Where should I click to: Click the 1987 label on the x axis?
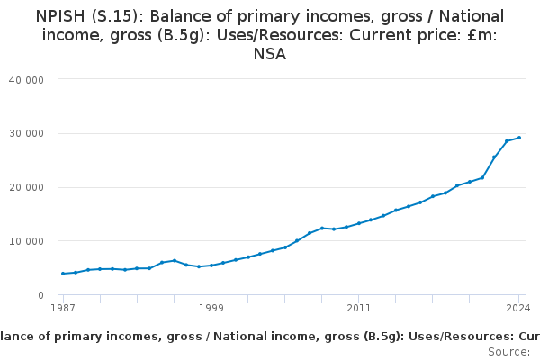(x=63, y=308)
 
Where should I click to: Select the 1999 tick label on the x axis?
(x=211, y=308)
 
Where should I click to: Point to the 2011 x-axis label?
(x=358, y=308)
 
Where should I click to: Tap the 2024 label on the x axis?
(x=517, y=308)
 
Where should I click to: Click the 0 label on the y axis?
(x=41, y=295)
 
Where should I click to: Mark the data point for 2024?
(x=519, y=138)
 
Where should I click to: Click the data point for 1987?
(x=63, y=274)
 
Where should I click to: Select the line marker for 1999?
(x=211, y=265)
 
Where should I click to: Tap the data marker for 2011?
(x=358, y=223)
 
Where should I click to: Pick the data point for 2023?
(x=507, y=141)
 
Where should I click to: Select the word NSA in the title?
(x=270, y=54)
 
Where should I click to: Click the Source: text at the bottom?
(x=509, y=352)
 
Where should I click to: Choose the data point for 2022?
(x=494, y=157)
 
